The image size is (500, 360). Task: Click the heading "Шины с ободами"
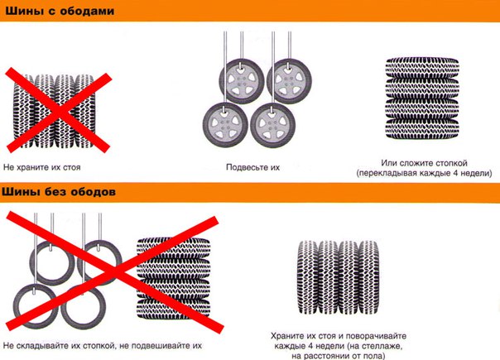[x=60, y=11]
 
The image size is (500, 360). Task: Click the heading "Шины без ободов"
[x=59, y=192]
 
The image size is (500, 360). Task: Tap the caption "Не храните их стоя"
[x=41, y=167]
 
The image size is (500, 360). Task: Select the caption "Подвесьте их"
[x=252, y=167]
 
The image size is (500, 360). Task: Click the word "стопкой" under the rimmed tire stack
[x=451, y=163]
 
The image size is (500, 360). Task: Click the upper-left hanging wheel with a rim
[x=242, y=81]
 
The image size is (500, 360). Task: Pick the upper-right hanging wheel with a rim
[x=289, y=81]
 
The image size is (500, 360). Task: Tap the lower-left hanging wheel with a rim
[x=225, y=124]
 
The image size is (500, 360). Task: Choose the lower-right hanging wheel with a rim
[x=272, y=125]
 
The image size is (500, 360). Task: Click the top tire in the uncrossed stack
[x=422, y=68]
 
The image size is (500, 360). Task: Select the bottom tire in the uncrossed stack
[x=422, y=129]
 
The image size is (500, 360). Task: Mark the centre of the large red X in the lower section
[x=115, y=271]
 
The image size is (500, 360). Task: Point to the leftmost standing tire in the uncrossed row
[x=308, y=276]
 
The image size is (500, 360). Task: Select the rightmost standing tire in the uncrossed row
[x=369, y=276]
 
